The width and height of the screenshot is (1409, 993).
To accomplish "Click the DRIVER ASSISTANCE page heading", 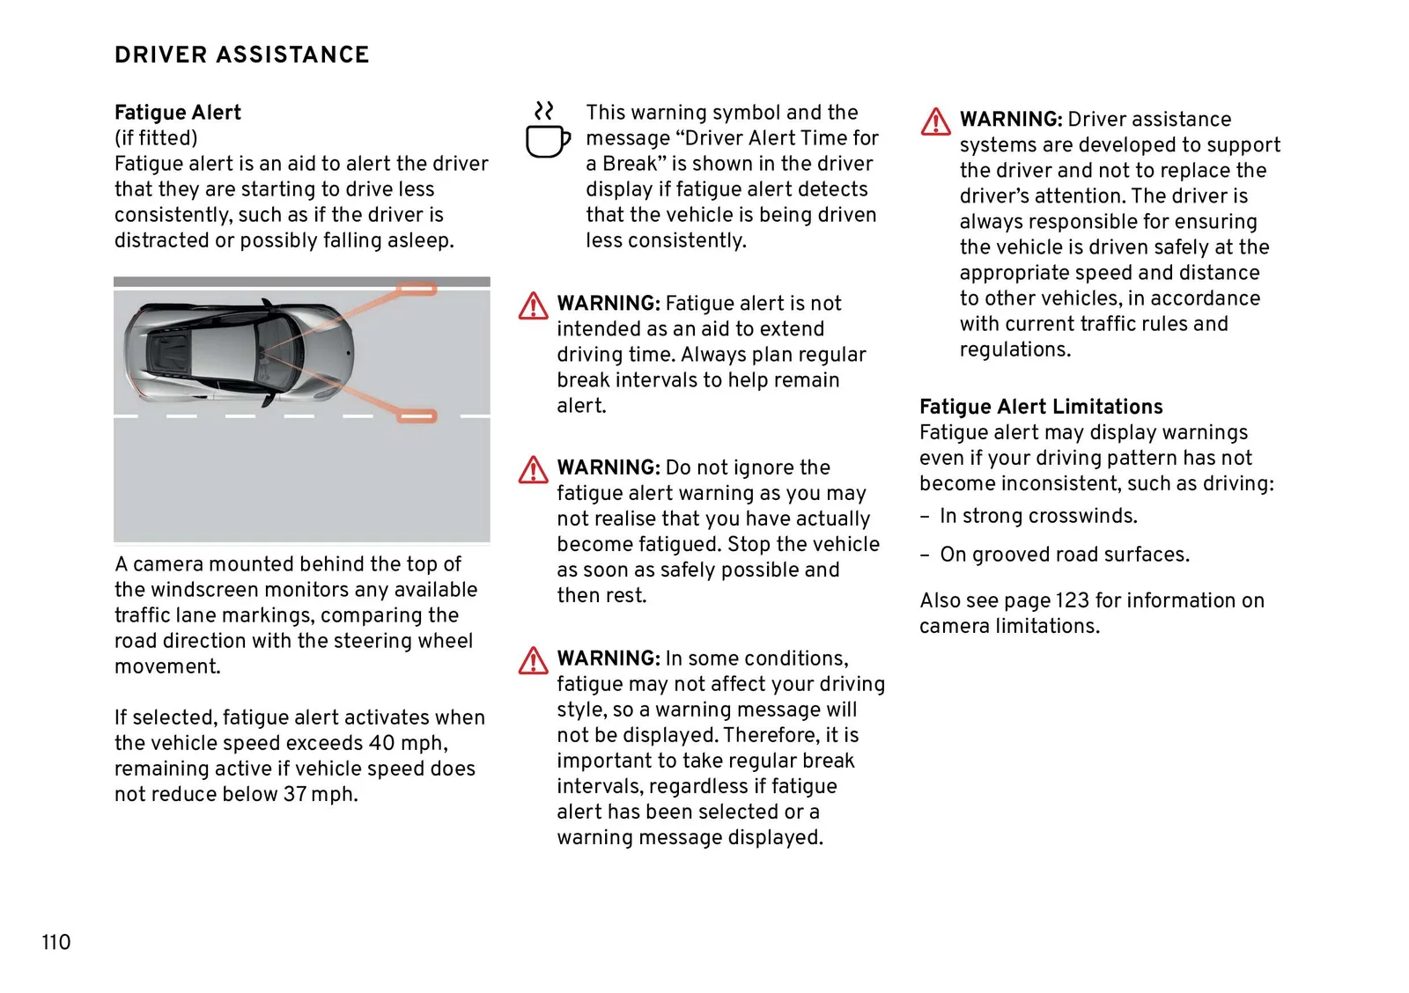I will [241, 55].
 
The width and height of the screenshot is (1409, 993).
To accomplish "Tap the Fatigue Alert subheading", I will [177, 113].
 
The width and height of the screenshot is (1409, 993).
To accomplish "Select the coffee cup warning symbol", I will [547, 131].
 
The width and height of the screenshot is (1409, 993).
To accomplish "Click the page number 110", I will [55, 942].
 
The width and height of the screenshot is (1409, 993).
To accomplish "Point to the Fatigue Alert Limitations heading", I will [1041, 407].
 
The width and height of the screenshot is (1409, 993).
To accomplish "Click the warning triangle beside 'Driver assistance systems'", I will [935, 121].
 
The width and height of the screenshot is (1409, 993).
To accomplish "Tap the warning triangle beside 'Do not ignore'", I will [533, 470].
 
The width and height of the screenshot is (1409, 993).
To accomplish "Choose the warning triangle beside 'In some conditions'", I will [533, 661].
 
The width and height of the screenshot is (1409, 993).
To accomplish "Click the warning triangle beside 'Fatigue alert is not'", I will [533, 306].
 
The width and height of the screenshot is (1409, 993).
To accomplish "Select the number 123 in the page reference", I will [1072, 600].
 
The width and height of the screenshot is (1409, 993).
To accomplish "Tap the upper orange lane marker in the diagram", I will [417, 290].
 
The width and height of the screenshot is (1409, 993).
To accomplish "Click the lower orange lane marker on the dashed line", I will [417, 416].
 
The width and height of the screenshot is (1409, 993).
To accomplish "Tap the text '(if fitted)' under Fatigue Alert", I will [156, 138].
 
